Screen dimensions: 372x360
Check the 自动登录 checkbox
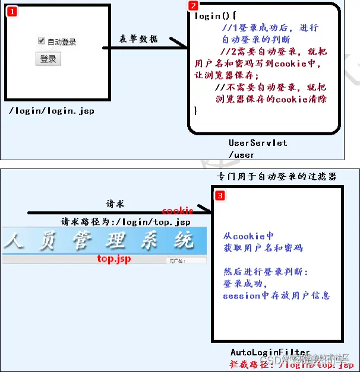tap(42, 41)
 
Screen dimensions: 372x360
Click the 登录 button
tap(48, 59)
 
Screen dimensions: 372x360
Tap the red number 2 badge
tap(193, 6)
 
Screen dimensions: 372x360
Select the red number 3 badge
tap(220, 195)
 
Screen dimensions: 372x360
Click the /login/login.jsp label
tap(52, 111)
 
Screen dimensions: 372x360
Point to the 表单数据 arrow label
tap(138, 39)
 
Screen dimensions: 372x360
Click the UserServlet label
tap(258, 143)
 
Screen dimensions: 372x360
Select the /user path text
tap(241, 154)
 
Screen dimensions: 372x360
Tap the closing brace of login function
tap(196, 110)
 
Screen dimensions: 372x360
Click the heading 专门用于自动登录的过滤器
tap(277, 177)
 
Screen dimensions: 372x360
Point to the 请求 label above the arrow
tap(115, 204)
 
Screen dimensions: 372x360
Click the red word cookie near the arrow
tap(178, 211)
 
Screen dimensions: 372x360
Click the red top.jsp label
tap(114, 259)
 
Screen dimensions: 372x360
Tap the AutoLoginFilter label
tap(270, 352)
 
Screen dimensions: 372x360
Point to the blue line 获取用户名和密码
tap(263, 248)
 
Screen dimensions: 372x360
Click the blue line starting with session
tap(276, 295)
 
